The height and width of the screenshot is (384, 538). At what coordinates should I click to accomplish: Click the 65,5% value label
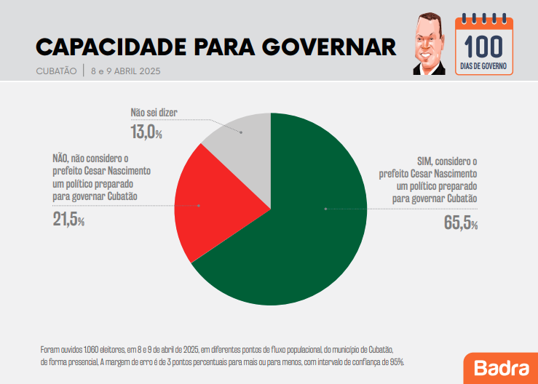pos(460,223)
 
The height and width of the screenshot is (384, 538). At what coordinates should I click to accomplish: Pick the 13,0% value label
pos(146,132)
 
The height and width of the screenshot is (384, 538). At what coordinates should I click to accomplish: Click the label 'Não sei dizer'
pos(154,113)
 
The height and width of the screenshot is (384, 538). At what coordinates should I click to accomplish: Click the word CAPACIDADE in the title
pos(109,47)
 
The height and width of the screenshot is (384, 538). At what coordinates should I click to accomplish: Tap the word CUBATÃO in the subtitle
pos(56,71)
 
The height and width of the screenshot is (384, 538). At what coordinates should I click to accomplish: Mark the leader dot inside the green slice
pos(325,209)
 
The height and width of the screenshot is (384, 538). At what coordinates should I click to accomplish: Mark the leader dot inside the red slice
pos(199,206)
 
